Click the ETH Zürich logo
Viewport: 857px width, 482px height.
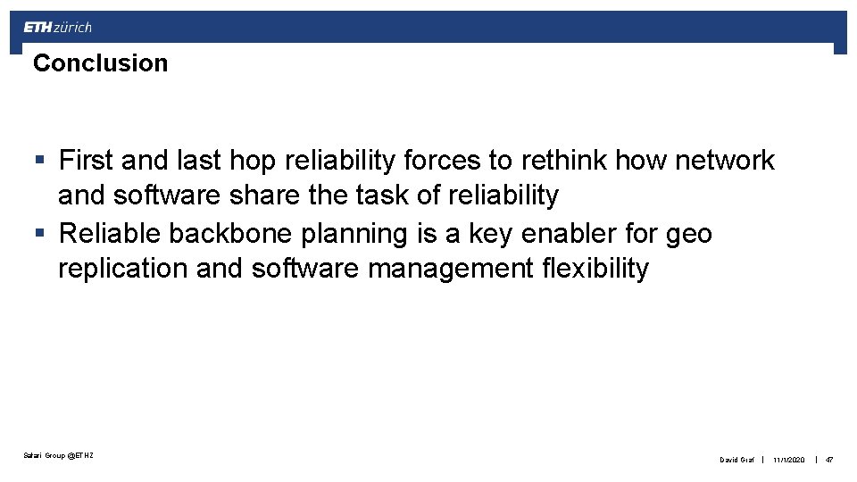click(57, 27)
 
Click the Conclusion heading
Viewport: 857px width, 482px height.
click(100, 63)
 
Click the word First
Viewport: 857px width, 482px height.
click(86, 161)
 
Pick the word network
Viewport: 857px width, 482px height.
click(725, 161)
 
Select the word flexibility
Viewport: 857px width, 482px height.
click(595, 269)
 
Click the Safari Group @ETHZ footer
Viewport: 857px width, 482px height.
click(59, 456)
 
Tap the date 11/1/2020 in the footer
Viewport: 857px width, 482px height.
click(788, 460)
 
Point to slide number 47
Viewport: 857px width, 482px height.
click(829, 460)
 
